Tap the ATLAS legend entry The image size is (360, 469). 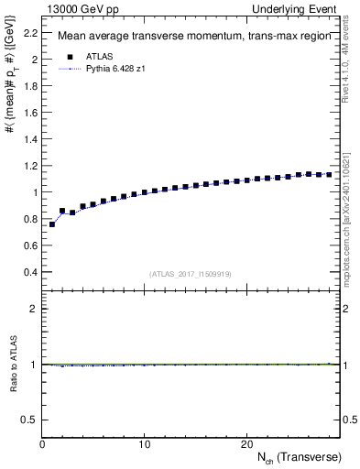[97, 56]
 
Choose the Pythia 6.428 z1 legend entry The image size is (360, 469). [116, 69]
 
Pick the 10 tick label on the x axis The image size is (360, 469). [144, 444]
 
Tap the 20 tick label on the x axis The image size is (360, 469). [246, 444]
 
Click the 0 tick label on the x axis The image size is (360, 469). [42, 444]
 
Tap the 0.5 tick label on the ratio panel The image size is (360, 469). [31, 420]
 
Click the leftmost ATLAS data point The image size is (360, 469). [52, 224]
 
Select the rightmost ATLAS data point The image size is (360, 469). [329, 174]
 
